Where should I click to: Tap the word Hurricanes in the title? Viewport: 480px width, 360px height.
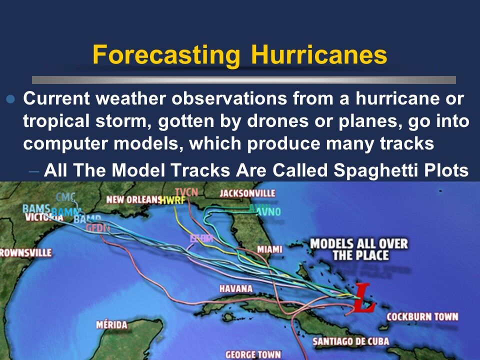pyautogui.click(x=319, y=55)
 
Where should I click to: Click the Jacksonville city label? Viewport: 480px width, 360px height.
pyautogui.click(x=248, y=193)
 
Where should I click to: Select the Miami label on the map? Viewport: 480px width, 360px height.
pyautogui.click(x=270, y=249)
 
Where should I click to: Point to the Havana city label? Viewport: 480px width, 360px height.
pyautogui.click(x=236, y=289)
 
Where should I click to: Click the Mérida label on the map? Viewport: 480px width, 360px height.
pyautogui.click(x=112, y=325)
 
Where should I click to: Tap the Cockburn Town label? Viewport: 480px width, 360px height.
pyautogui.click(x=422, y=316)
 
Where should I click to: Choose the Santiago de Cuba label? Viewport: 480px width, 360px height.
pyautogui.click(x=351, y=341)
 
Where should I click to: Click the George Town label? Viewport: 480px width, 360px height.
pyautogui.click(x=253, y=354)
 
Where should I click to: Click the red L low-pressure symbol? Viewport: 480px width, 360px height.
pyautogui.click(x=363, y=299)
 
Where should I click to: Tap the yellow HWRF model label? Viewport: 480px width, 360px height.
pyautogui.click(x=172, y=200)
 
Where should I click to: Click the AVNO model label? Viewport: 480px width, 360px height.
pyautogui.click(x=268, y=212)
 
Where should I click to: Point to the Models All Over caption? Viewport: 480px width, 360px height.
pyautogui.click(x=359, y=249)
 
